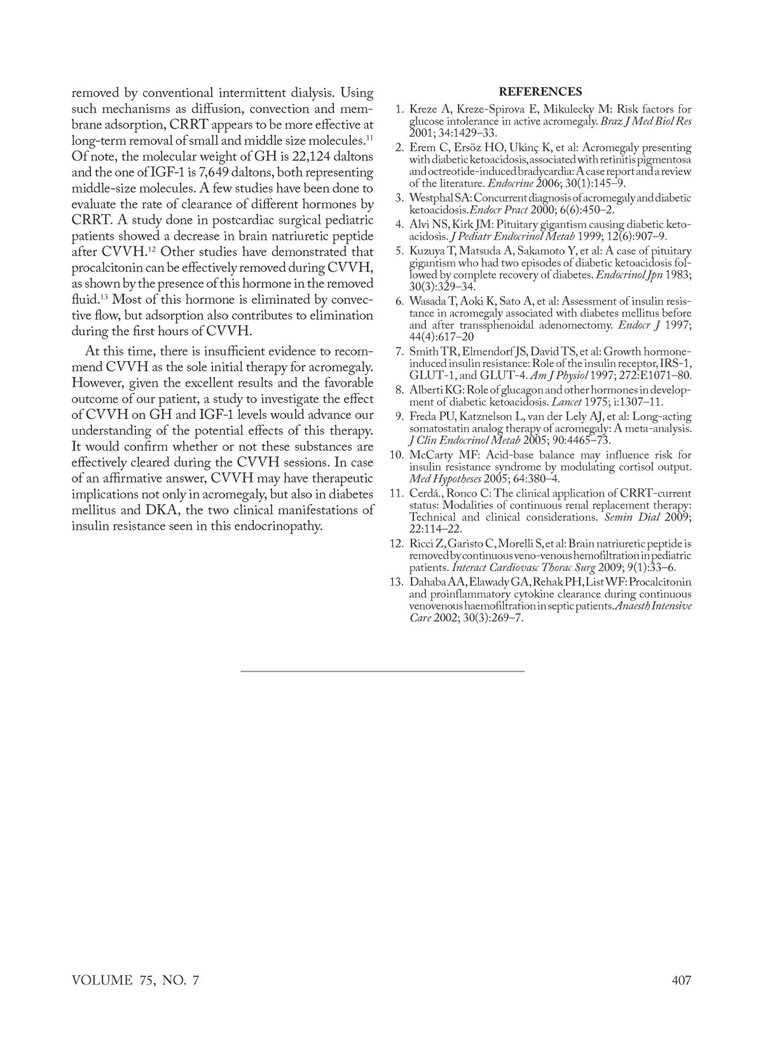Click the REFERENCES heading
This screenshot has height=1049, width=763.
[540, 92]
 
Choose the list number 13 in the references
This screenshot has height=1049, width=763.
[397, 582]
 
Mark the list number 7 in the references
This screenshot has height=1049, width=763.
[400, 352]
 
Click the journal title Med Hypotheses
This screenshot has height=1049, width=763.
[442, 478]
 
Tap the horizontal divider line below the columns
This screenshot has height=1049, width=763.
[382, 671]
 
